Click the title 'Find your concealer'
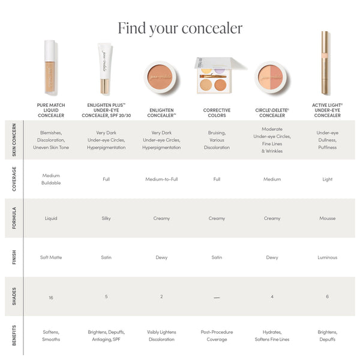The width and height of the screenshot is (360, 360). [180, 28]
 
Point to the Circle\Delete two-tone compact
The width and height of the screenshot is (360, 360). [272, 76]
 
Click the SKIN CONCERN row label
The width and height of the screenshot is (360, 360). [13, 140]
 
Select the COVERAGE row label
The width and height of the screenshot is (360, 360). [13, 179]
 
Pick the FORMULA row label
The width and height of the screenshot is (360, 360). [13, 218]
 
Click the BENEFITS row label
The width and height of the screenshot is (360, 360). [13, 335]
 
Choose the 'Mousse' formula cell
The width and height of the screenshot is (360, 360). [327, 218]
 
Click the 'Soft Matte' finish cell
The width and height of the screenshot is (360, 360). [51, 257]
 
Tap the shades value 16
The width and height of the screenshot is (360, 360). [51, 297]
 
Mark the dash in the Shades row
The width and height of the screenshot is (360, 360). [217, 298]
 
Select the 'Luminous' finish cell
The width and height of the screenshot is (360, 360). [327, 257]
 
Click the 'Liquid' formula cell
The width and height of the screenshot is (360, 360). [51, 218]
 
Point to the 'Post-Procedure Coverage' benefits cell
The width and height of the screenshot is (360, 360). [217, 335]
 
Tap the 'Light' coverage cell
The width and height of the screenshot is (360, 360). [327, 179]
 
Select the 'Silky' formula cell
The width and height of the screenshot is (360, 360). [106, 218]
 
